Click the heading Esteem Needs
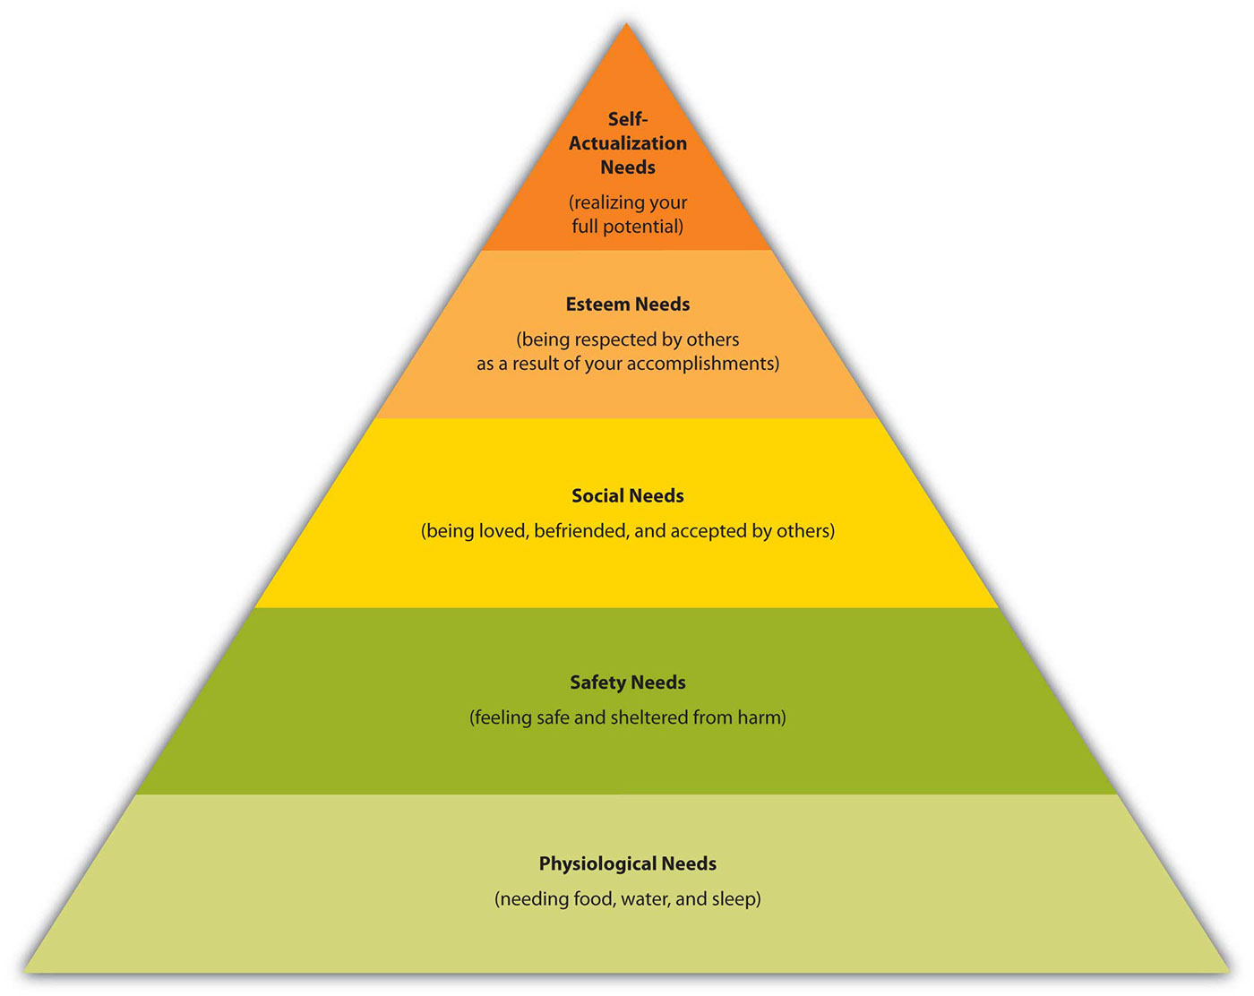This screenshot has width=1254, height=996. point(628,305)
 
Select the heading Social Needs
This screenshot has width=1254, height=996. point(628,495)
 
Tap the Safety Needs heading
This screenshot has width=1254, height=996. point(628,682)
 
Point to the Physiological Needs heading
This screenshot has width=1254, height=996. point(628,863)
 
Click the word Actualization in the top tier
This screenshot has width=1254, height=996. point(628,142)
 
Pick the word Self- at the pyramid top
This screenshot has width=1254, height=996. point(628,119)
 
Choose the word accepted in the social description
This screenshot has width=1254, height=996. point(707,531)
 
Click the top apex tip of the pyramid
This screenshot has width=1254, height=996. point(626,22)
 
